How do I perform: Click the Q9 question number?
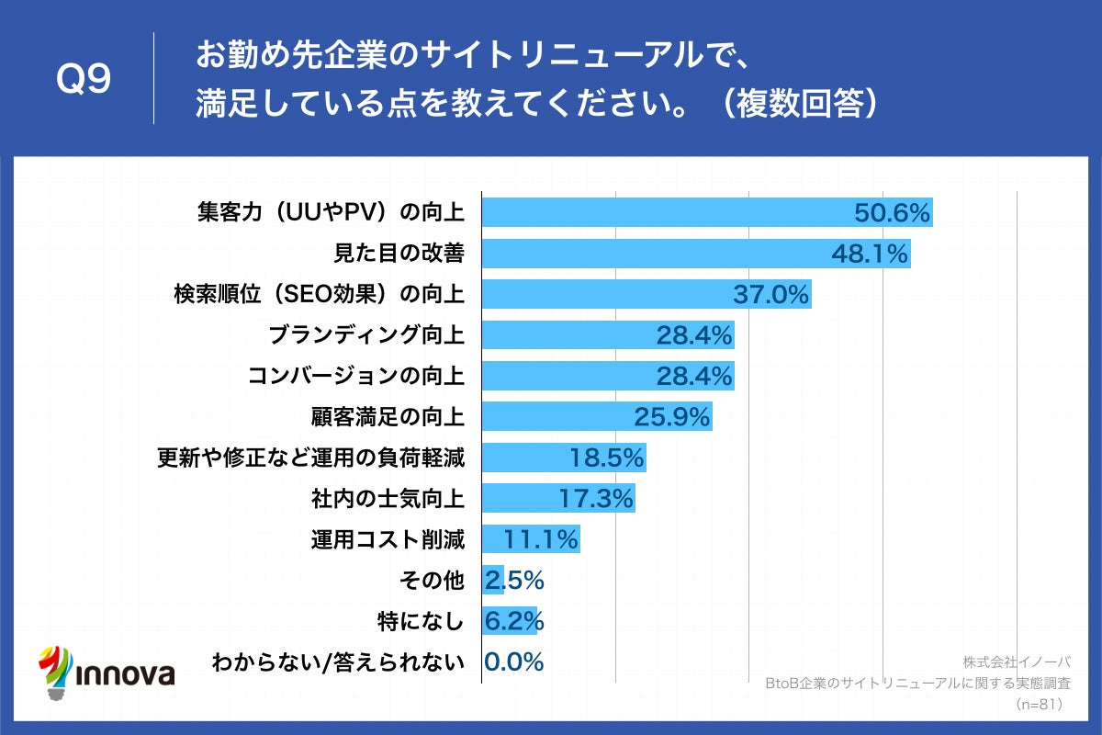(84, 80)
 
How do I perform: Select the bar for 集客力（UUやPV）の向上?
(707, 212)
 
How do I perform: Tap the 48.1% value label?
(870, 254)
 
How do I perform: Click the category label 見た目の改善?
(397, 254)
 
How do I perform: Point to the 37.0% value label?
(770, 295)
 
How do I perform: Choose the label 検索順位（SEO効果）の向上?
(319, 295)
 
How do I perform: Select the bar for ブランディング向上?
(608, 335)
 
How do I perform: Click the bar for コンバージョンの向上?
(608, 376)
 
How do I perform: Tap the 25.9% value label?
(672, 417)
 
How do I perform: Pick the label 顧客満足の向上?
(388, 417)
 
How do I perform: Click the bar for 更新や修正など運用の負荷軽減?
(564, 458)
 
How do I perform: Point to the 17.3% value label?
(596, 499)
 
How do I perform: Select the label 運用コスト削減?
(388, 539)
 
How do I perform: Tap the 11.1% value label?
(541, 539)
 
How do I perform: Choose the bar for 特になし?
(510, 621)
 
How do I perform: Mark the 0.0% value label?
(514, 661)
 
